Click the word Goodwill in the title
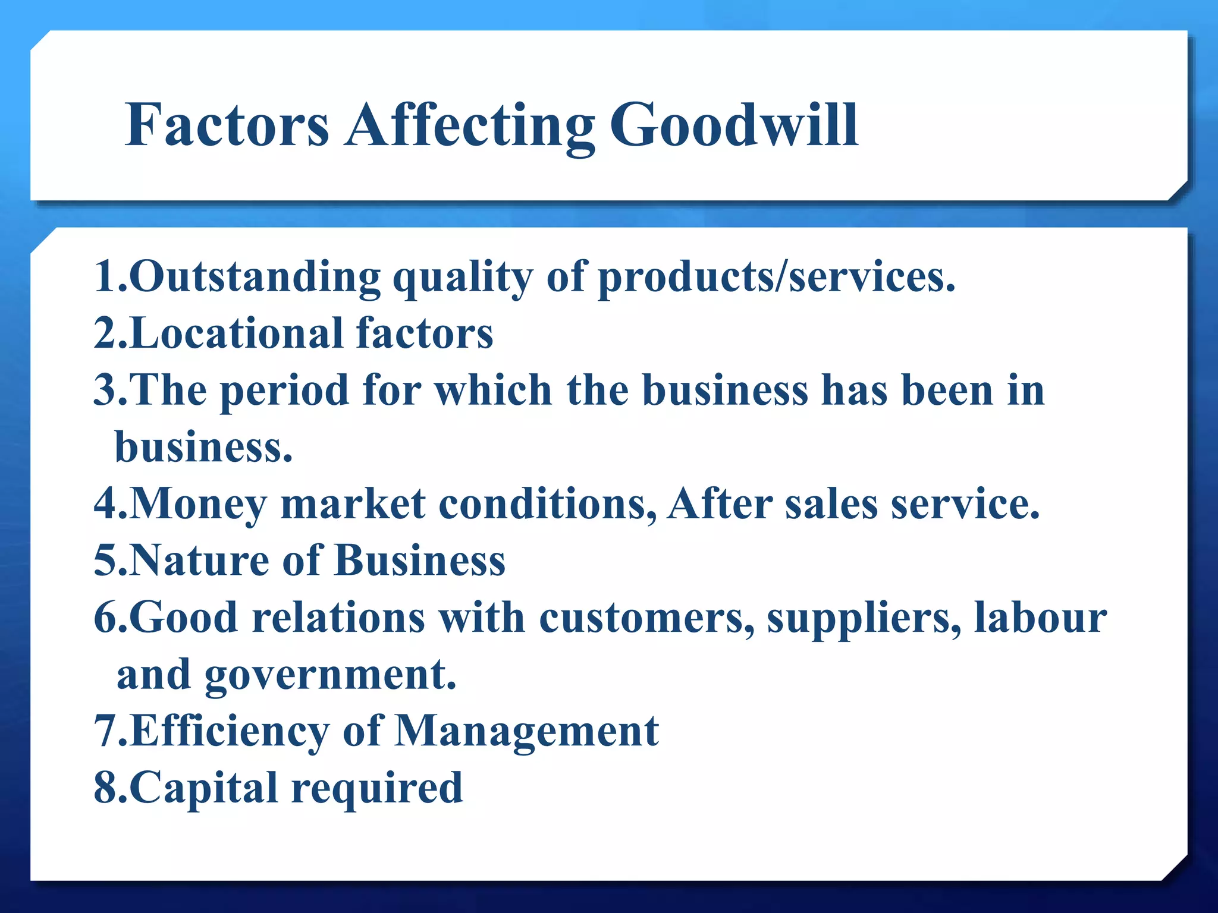click(734, 125)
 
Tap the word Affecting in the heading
click(470, 125)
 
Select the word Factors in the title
click(227, 125)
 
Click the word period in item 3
click(284, 391)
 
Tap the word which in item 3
click(494, 391)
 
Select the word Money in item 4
click(197, 504)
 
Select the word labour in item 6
click(1040, 618)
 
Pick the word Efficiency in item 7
click(229, 731)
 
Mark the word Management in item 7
click(527, 731)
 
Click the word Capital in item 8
click(203, 788)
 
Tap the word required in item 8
click(377, 788)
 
